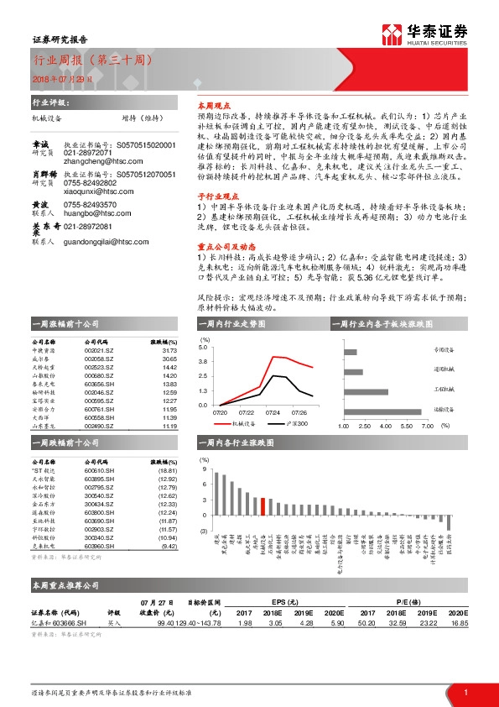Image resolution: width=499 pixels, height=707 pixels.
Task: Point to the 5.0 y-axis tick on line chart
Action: [x=204, y=347]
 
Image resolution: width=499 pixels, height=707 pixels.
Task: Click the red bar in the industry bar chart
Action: [x=263, y=506]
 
